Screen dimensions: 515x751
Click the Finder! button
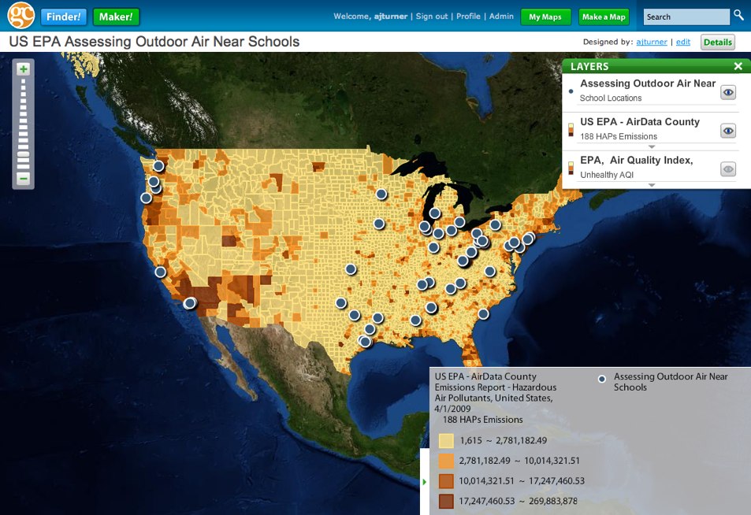point(65,17)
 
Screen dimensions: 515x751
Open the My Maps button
point(545,17)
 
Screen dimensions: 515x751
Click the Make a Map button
point(604,17)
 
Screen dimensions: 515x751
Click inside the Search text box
point(686,17)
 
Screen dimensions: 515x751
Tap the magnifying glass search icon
point(738,15)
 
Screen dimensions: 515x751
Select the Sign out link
point(432,17)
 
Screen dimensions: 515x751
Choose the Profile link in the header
point(468,17)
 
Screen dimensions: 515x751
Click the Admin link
point(501,17)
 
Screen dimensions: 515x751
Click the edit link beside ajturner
point(683,43)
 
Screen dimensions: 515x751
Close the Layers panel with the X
point(738,67)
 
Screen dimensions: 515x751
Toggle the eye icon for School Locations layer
point(728,92)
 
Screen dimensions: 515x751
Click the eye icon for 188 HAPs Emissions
point(728,131)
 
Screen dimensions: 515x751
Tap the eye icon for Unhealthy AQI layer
point(728,169)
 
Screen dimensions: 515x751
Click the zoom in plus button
point(24,69)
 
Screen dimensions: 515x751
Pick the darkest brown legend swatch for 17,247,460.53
point(446,500)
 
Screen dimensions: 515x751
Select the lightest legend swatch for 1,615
point(446,441)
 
